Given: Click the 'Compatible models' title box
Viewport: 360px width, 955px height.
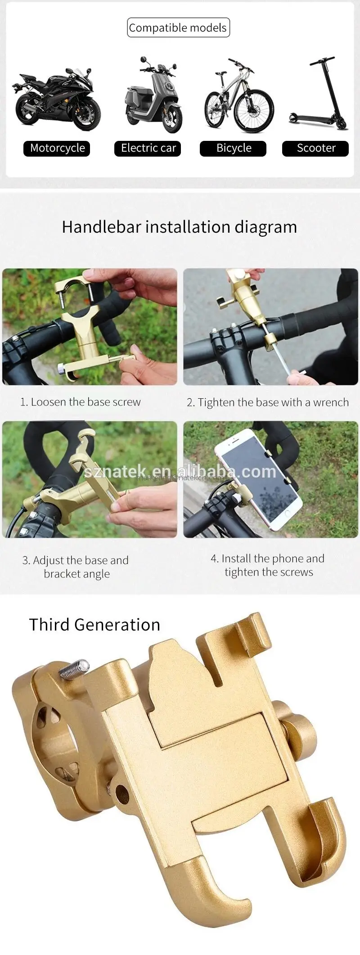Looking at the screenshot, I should pos(178,27).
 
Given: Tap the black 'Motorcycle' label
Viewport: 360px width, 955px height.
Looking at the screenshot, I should pos(57,148).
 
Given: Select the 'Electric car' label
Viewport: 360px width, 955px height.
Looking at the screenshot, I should pos(148,148).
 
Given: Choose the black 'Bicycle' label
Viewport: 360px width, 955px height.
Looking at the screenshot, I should pos(234,148).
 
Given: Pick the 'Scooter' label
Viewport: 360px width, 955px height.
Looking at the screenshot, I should pos(315,148).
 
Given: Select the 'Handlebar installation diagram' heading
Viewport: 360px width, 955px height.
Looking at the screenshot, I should pos(179,227).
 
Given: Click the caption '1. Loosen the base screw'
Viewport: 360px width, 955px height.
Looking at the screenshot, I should pos(80,402).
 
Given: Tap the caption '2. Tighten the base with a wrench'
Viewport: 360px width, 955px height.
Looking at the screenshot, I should pos(268,402).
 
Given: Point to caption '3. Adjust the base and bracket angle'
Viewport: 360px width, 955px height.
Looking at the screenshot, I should pos(76,567).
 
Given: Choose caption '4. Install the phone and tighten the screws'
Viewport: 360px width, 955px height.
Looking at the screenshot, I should pos(268,565).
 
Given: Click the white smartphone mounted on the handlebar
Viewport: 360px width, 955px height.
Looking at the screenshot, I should pos(257,477).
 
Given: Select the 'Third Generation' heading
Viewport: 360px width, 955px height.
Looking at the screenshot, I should pos(94,625).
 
